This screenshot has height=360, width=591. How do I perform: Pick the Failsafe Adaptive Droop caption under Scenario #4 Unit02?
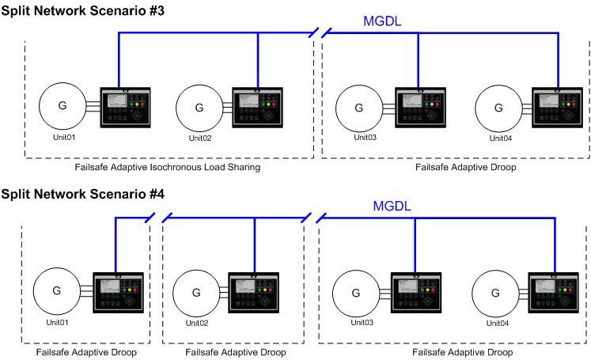click(x=236, y=352)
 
